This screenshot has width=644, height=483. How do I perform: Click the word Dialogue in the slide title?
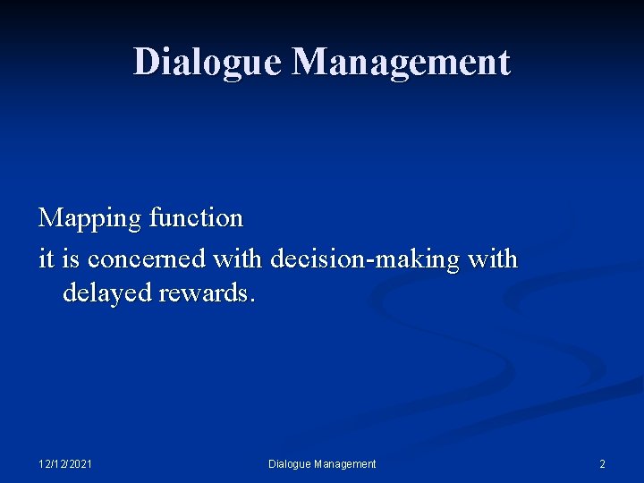click(208, 62)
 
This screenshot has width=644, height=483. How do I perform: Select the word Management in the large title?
click(402, 62)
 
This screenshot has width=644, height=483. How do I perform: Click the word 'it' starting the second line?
click(45, 258)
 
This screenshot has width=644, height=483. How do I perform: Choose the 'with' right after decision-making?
click(492, 258)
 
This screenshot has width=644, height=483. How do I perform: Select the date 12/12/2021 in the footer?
click(65, 463)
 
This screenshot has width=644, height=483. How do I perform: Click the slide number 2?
click(602, 463)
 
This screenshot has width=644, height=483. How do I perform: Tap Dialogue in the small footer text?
click(290, 463)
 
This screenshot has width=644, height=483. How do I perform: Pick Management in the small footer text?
click(345, 463)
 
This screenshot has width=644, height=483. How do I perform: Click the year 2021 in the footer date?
click(80, 463)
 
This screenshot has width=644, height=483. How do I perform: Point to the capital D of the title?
click(146, 62)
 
